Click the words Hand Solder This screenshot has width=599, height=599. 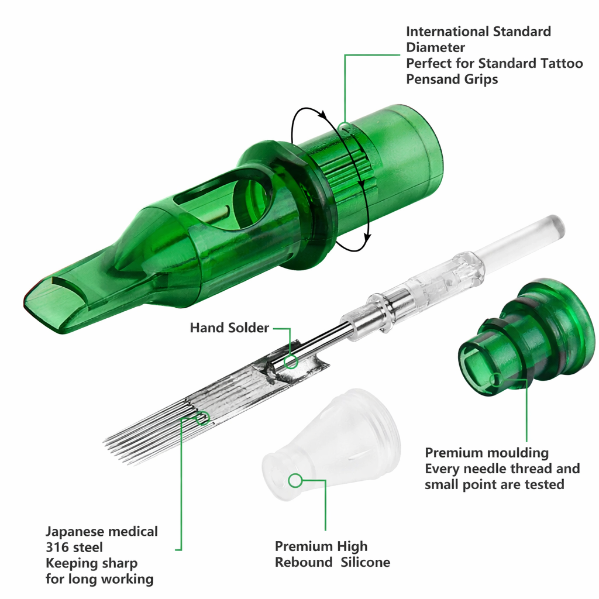(x=229, y=328)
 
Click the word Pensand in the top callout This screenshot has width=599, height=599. (x=433, y=79)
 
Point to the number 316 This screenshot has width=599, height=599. (x=57, y=548)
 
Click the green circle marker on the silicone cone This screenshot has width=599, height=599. (x=295, y=481)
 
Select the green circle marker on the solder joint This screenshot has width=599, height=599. (x=291, y=362)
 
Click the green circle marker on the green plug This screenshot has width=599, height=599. (x=495, y=381)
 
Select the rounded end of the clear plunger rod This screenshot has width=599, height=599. (x=556, y=225)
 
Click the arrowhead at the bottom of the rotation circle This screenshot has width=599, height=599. (x=367, y=237)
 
